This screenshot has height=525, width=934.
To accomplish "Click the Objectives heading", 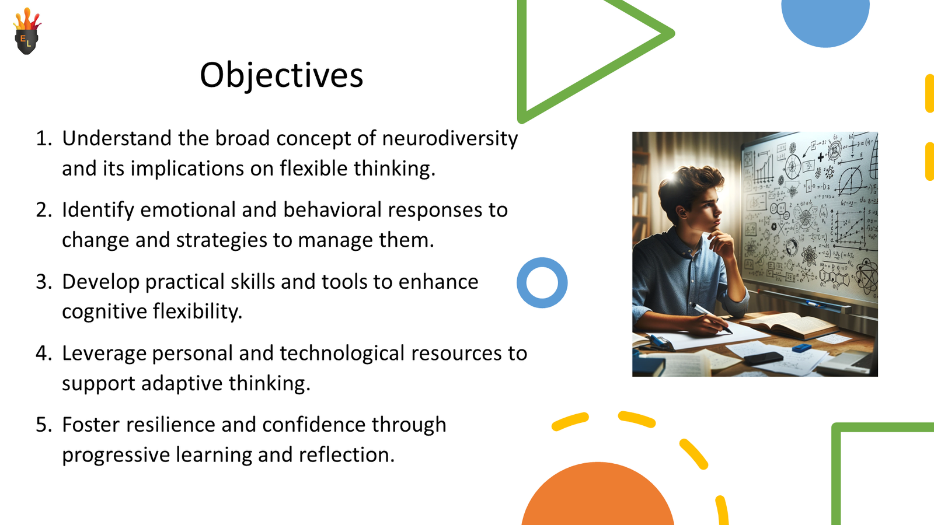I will pyautogui.click(x=281, y=75).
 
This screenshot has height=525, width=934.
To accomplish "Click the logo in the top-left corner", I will pyautogui.click(x=27, y=33).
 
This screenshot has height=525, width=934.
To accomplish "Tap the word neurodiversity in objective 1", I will pyautogui.click(x=449, y=138).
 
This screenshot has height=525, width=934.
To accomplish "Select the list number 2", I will pyautogui.click(x=44, y=210).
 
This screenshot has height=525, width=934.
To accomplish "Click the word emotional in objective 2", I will pyautogui.click(x=187, y=210).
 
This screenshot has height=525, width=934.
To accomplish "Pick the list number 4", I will pyautogui.click(x=44, y=353).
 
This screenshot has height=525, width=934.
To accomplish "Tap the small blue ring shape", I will pyautogui.click(x=542, y=283).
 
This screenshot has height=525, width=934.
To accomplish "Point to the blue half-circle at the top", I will pyautogui.click(x=825, y=20).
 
